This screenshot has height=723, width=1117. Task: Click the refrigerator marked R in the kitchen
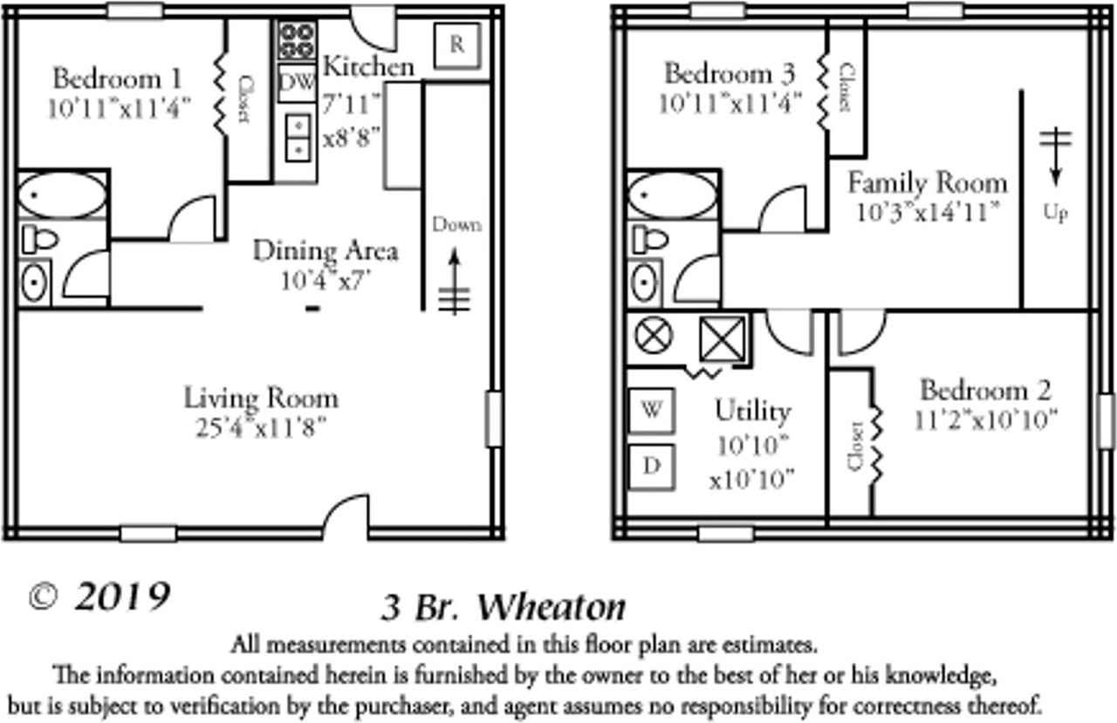pos(456,45)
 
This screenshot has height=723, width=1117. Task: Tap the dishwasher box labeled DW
pos(297,83)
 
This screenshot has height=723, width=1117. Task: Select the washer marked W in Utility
pos(651,410)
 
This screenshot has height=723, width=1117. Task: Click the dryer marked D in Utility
pos(651,466)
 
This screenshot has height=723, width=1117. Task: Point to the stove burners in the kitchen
pos(297,39)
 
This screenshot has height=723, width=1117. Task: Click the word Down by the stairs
pos(456,225)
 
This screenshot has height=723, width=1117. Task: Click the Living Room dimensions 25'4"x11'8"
pos(260,427)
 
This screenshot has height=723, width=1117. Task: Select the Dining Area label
pos(325,251)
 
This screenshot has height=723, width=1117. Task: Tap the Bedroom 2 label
pos(985,390)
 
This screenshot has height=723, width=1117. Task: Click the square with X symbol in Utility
pos(723,338)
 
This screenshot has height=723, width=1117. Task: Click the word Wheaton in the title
pos(553,606)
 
